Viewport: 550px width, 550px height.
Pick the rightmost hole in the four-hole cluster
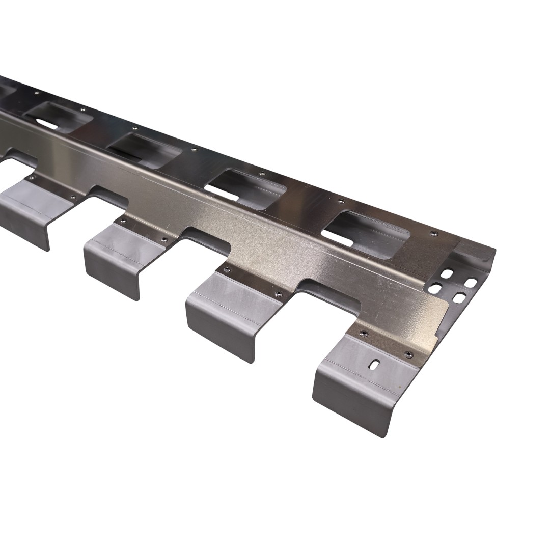pyautogui.click(x=471, y=282)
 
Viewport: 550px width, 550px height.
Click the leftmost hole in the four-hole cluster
pyautogui.click(x=435, y=289)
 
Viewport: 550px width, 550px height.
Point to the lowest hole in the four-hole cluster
pyautogui.click(x=459, y=297)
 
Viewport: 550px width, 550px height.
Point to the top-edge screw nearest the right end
pyautogui.click(x=433, y=233)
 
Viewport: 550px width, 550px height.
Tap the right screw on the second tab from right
pyautogui.click(x=278, y=293)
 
